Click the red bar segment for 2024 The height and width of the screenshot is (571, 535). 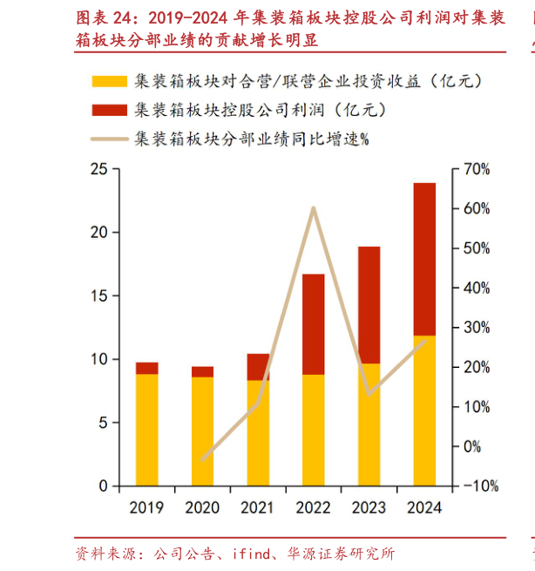424,259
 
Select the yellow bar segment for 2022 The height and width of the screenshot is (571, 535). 314,429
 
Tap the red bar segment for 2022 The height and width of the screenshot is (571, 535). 314,324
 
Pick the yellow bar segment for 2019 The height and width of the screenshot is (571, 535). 147,429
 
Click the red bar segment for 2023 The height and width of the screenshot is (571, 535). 369,305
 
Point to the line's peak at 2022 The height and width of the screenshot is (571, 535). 314,207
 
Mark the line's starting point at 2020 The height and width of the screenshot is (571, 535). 203,459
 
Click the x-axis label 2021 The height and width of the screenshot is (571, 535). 258,507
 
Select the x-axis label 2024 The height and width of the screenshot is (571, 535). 424,507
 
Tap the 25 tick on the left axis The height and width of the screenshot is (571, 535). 99,169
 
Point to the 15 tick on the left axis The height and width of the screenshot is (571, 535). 99,296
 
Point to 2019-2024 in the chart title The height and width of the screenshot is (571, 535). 188,17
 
